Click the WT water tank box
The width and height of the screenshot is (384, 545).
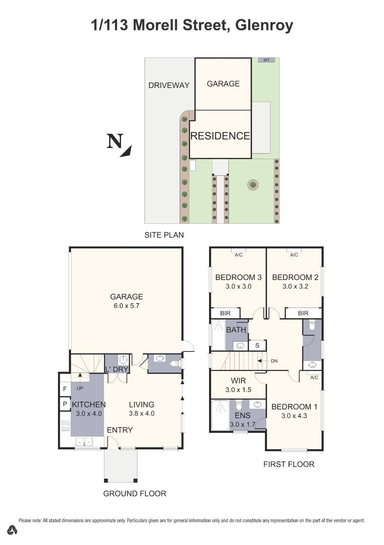click(x=266, y=60)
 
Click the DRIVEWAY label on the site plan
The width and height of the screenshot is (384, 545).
click(x=169, y=85)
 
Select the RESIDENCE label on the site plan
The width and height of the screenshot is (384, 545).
click(x=220, y=136)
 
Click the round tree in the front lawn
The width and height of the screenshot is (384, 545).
click(x=252, y=185)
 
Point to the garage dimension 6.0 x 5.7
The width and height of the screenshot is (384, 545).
click(x=127, y=306)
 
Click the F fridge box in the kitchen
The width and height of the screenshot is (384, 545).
click(x=65, y=389)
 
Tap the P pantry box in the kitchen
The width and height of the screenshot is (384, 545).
click(x=65, y=404)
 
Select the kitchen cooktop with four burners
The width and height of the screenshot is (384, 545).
click(x=65, y=426)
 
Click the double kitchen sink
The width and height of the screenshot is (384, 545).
click(x=84, y=442)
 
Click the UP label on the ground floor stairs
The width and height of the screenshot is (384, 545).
click(x=80, y=388)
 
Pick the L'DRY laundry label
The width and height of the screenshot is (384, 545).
click(x=117, y=370)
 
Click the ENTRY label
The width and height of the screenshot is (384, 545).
click(x=120, y=430)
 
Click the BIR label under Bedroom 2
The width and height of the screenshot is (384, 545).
click(x=303, y=313)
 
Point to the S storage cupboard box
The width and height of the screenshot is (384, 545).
click(x=257, y=345)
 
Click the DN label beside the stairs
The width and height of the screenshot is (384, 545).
click(x=274, y=361)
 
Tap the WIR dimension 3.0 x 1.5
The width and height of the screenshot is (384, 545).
click(x=238, y=390)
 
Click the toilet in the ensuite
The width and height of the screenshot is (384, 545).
click(x=239, y=406)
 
